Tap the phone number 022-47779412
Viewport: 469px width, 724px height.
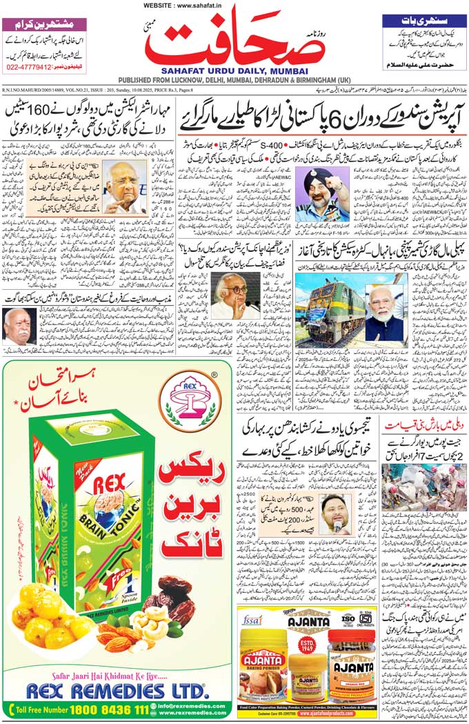click(28, 68)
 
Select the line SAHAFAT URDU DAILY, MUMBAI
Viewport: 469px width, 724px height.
click(235, 70)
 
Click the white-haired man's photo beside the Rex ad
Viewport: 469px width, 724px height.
click(19, 326)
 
